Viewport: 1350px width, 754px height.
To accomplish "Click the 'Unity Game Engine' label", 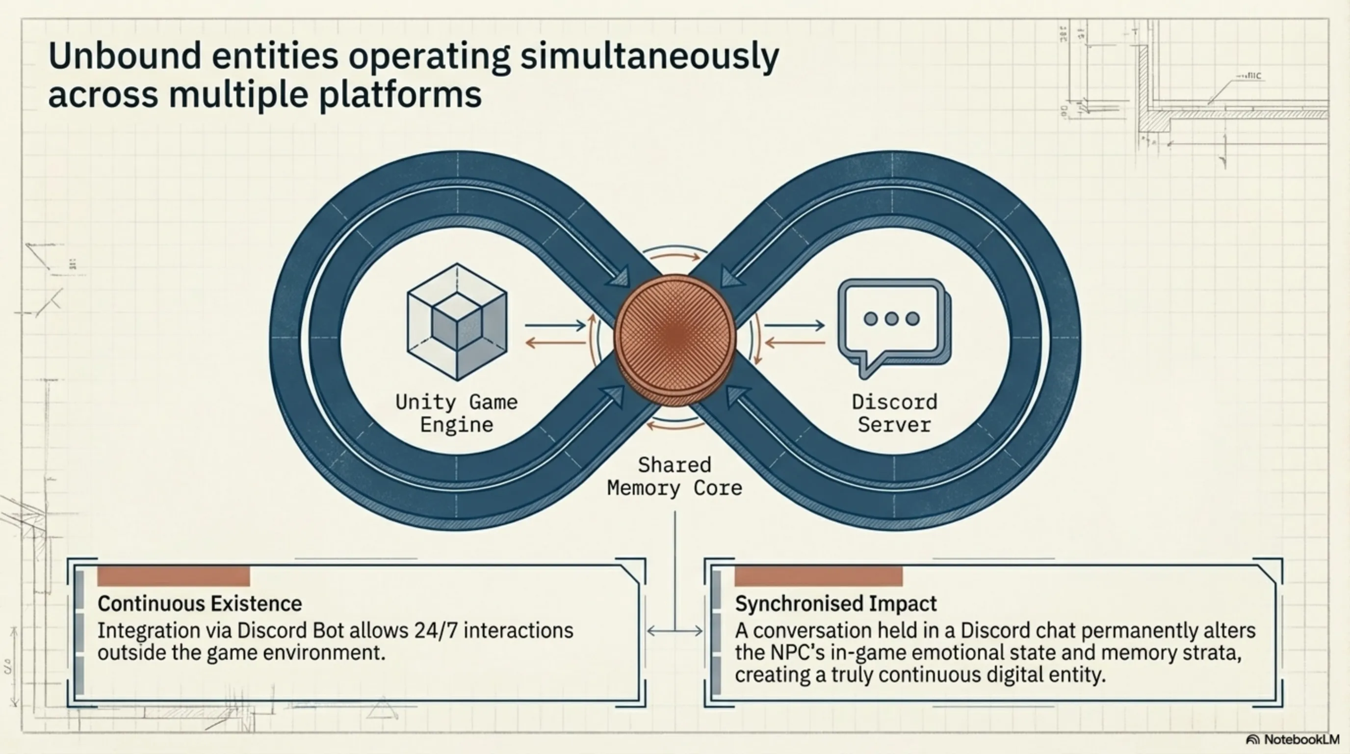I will pyautogui.click(x=457, y=413).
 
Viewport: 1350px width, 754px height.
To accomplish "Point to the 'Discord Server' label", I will pyautogui.click(x=894, y=413).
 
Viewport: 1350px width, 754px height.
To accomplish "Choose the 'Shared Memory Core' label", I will pyautogui.click(x=675, y=477).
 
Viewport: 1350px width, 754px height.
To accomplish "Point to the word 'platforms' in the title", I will pyautogui.click(x=400, y=95).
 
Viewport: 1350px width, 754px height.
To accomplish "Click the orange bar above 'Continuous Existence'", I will pyautogui.click(x=174, y=576).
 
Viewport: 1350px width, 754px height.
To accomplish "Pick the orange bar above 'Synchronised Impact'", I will pyautogui.click(x=818, y=576).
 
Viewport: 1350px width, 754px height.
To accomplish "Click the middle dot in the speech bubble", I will pyautogui.click(x=891, y=318).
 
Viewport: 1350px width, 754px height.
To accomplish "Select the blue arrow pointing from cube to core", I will pyautogui.click(x=555, y=325).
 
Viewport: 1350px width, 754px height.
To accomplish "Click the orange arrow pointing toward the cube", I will pyautogui.click(x=555, y=344).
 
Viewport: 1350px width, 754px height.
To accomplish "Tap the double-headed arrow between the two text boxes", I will pyautogui.click(x=675, y=631).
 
